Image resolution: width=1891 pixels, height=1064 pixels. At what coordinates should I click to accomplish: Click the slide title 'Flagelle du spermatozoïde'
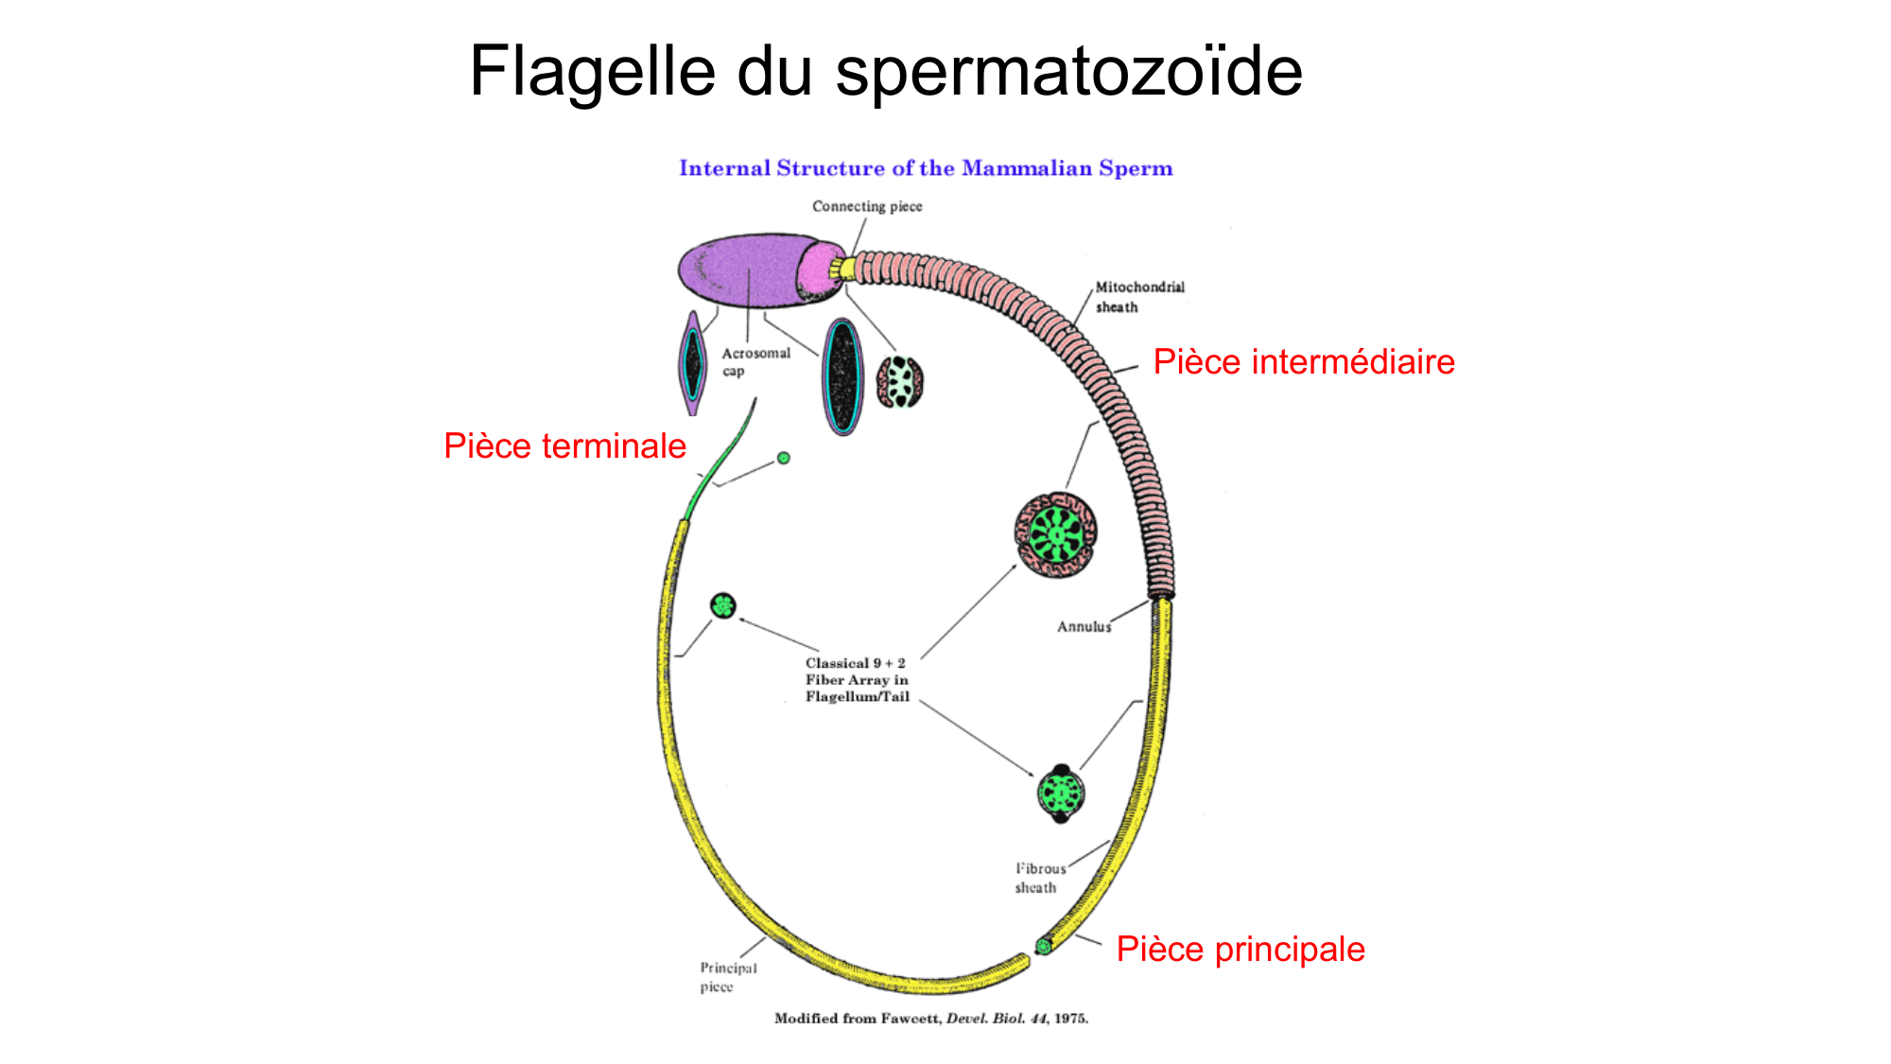[x=886, y=71]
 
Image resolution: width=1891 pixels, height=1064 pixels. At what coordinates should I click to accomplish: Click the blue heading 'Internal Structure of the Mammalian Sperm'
[x=926, y=168]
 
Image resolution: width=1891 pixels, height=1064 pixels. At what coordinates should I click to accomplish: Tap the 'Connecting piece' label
[x=867, y=206]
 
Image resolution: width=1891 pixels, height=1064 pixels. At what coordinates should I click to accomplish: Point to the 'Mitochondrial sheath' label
[x=1138, y=296]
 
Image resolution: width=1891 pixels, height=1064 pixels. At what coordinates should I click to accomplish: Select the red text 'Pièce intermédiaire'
[x=1304, y=362]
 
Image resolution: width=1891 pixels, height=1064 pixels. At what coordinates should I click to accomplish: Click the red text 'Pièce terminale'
[x=564, y=446]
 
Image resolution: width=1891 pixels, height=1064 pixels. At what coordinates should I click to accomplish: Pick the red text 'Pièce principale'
[x=1240, y=949]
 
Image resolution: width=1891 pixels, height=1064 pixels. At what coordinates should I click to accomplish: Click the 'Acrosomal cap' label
[x=755, y=361]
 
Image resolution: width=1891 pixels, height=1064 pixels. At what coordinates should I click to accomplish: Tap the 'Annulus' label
[x=1084, y=626]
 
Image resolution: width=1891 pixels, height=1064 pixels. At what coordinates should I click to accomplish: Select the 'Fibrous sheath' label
[x=1039, y=878]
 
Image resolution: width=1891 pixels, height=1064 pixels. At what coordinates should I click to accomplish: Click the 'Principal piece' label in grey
[x=727, y=977]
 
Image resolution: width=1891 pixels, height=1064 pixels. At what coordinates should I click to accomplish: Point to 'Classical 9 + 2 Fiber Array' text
[x=857, y=680]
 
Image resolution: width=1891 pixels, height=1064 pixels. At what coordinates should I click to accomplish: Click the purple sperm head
[x=747, y=270]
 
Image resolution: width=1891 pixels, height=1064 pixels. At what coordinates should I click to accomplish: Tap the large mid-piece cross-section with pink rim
[x=1056, y=534]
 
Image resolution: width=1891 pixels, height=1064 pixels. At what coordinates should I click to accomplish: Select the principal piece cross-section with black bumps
[x=1061, y=793]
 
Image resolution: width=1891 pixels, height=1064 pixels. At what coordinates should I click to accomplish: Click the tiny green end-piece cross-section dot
[x=784, y=458]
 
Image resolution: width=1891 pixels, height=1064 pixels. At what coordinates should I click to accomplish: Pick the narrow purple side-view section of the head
[x=694, y=364]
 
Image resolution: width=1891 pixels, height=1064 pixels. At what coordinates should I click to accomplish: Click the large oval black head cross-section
[x=842, y=375]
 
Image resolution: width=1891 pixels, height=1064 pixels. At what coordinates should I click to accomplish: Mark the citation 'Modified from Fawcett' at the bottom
[x=931, y=1019]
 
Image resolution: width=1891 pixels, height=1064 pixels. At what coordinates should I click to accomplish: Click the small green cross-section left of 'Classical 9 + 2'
[x=723, y=605]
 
